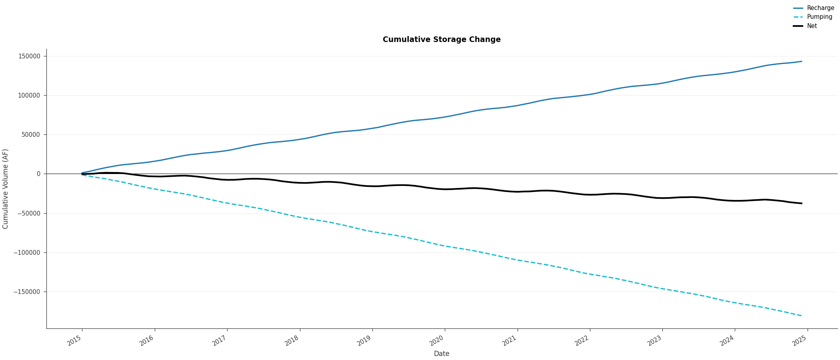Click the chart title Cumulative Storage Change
tap(442, 40)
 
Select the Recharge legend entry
tap(820, 8)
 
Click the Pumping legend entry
tap(820, 17)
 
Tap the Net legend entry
tap(812, 26)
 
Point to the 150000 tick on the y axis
tap(30, 56)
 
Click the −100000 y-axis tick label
tap(27, 252)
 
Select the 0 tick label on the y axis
tap(38, 174)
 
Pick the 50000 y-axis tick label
tap(31, 135)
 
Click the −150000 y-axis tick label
tap(27, 292)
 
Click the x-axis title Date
tap(442, 354)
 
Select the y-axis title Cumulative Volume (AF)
tap(6, 189)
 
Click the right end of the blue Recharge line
tap(802, 62)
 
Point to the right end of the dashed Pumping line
tap(802, 316)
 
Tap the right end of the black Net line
tap(802, 203)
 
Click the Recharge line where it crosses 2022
tap(590, 94)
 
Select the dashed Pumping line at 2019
tap(372, 231)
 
